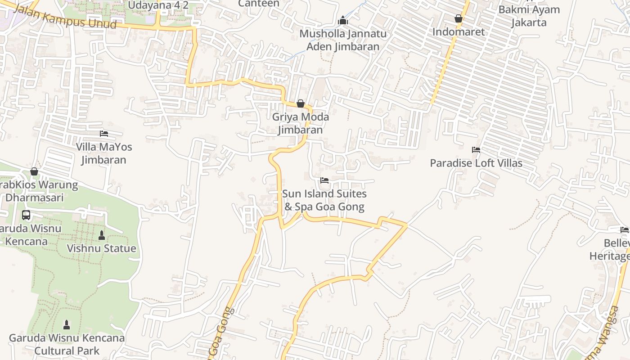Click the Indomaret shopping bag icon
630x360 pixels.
click(459, 18)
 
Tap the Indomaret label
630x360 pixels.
click(459, 32)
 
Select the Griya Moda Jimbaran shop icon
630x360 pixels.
click(301, 104)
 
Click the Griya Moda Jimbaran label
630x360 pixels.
click(300, 123)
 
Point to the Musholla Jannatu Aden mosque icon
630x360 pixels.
click(343, 20)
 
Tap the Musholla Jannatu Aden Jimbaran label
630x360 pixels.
click(343, 40)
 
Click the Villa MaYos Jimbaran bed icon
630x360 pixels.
click(104, 134)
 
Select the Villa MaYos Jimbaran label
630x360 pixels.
click(104, 153)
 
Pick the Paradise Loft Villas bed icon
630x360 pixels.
click(476, 150)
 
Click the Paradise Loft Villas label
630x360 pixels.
click(476, 163)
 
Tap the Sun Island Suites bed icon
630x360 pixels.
click(324, 180)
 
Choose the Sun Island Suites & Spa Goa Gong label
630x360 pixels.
click(324, 200)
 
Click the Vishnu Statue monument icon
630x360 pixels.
click(101, 235)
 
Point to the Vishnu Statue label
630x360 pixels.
click(101, 248)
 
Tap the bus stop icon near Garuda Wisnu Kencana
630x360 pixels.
click(26, 215)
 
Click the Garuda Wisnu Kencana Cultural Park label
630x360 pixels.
click(67, 344)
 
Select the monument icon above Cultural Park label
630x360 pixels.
click(67, 324)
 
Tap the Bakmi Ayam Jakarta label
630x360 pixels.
click(529, 16)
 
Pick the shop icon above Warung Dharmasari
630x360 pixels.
click(34, 171)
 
